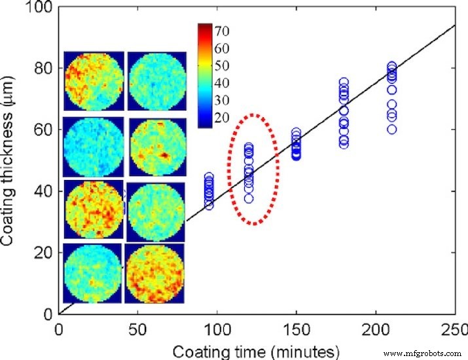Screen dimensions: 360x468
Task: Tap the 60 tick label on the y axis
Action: coord(47,130)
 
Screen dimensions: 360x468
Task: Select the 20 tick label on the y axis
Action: coord(47,253)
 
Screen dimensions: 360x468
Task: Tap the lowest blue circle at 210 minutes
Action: coord(391,129)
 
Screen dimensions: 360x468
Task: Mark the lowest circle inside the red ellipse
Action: coord(249,198)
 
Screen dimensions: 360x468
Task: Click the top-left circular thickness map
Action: coord(93,81)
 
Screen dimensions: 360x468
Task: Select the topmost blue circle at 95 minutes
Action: coord(209,177)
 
